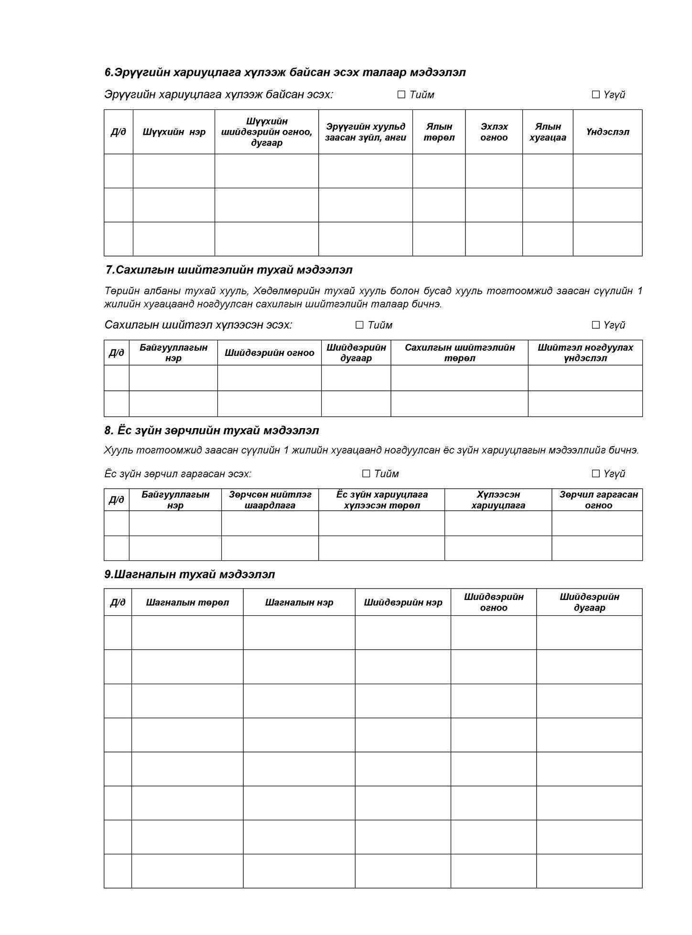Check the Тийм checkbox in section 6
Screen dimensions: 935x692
[x=401, y=95]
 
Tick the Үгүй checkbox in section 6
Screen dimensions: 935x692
[x=595, y=95]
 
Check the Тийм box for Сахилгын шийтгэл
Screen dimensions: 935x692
[x=359, y=325]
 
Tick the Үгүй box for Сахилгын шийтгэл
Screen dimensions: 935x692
[x=595, y=325]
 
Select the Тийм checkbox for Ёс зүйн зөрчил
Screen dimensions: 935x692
[x=366, y=473]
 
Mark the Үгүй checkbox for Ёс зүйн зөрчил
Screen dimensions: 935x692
[x=595, y=473]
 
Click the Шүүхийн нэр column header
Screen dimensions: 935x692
[x=174, y=132]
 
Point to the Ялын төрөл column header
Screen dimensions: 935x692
[x=439, y=132]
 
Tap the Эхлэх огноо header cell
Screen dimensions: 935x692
[x=494, y=132]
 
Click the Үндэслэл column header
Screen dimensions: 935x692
[x=607, y=132]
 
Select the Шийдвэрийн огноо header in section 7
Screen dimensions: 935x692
[x=269, y=353]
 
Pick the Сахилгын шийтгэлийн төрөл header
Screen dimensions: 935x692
[x=459, y=353]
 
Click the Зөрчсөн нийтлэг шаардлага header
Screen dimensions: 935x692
[x=270, y=500]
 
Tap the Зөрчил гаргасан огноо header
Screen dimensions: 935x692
[x=598, y=500]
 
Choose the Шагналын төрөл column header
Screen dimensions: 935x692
[x=187, y=602]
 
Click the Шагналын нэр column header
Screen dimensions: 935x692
[x=299, y=602]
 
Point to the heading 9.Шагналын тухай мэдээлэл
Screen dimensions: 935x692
[x=190, y=574]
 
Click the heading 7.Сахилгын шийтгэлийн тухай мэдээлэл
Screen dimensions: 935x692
[x=229, y=270]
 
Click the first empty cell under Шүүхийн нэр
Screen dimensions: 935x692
[x=174, y=171]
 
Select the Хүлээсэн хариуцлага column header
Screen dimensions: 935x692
[x=498, y=500]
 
